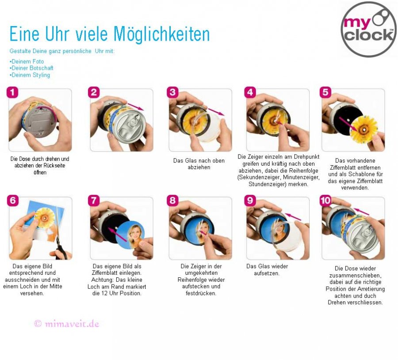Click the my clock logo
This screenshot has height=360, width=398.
tap(368, 29)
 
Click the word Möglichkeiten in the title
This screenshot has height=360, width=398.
tap(162, 34)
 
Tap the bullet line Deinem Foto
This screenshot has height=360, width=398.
tap(27, 61)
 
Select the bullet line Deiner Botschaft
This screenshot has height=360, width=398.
tap(31, 68)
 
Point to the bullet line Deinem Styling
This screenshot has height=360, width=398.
tap(30, 75)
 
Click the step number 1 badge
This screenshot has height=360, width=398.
tap(12, 92)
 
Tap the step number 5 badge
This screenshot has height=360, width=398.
tap(325, 92)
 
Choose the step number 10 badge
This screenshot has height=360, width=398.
tap(325, 200)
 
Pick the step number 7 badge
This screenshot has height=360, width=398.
tap(93, 200)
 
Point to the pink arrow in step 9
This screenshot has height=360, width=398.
tap(293, 216)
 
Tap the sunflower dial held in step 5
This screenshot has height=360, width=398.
tap(364, 129)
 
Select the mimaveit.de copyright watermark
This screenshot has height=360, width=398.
tap(66, 324)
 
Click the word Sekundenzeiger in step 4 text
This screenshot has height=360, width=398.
tap(259, 177)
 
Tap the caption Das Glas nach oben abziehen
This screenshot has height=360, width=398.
tap(199, 164)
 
